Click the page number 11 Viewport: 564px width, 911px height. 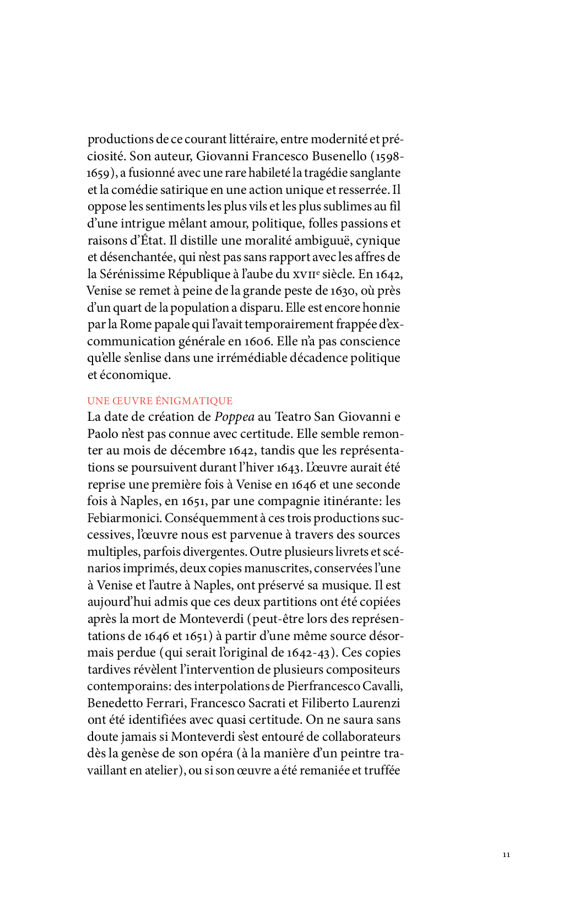click(506, 854)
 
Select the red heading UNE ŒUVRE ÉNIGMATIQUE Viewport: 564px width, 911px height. click(160, 400)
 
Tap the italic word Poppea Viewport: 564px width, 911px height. click(234, 417)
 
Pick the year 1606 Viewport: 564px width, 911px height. click(257, 341)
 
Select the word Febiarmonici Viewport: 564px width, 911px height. click(124, 518)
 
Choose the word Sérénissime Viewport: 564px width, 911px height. click(132, 274)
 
